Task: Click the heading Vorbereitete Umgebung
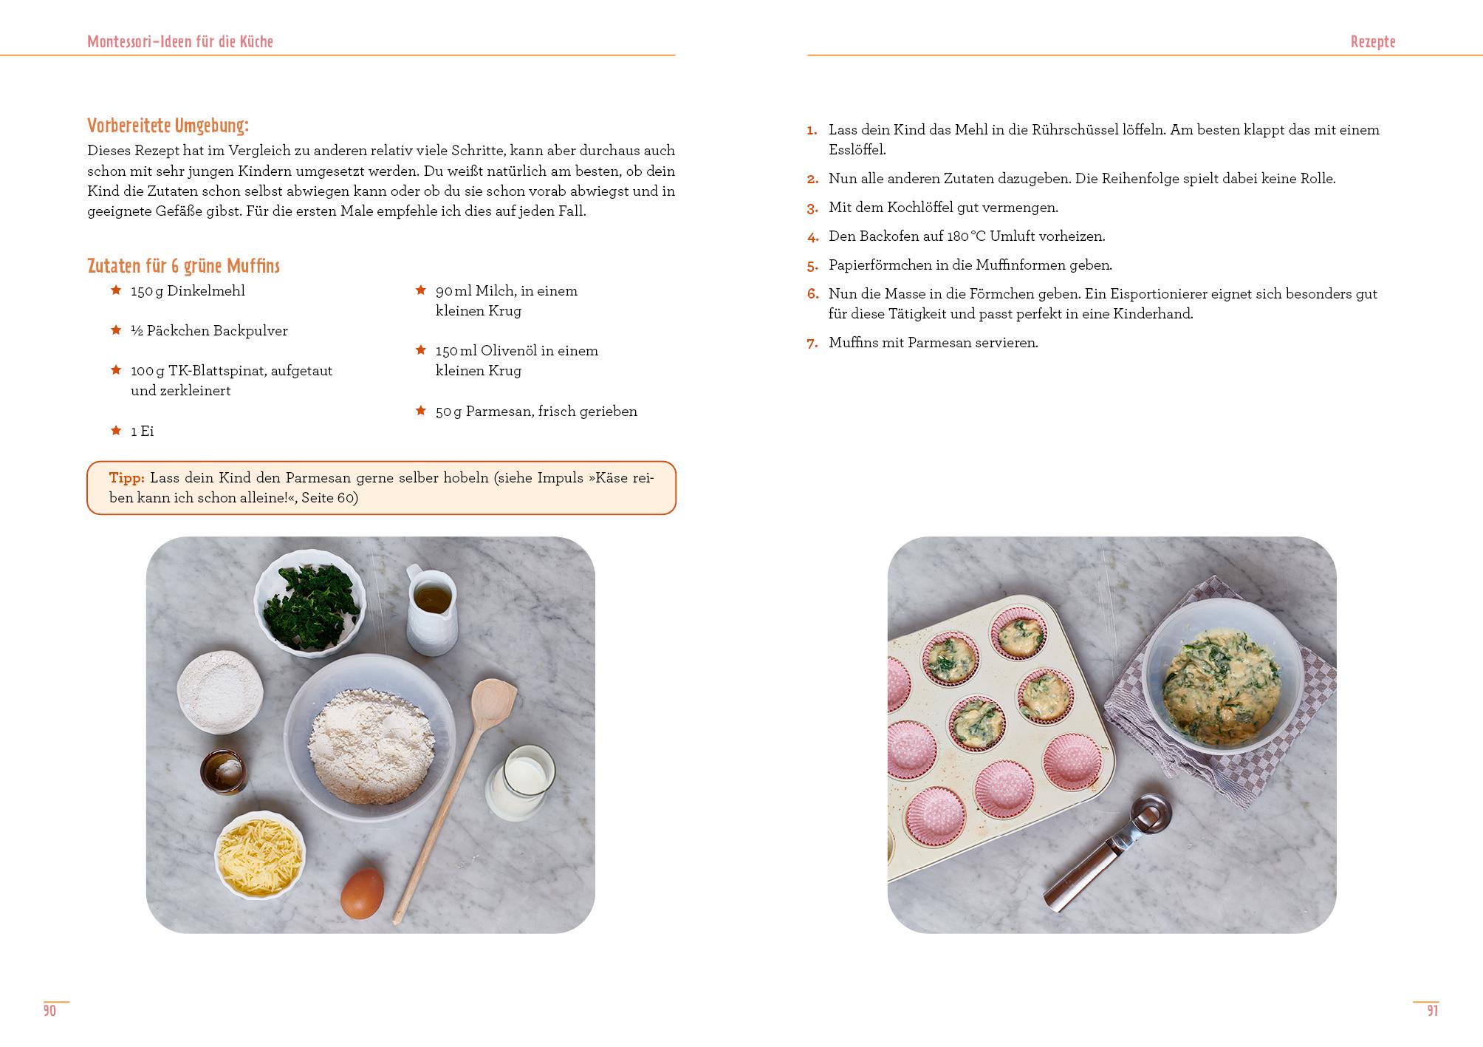pyautogui.click(x=168, y=126)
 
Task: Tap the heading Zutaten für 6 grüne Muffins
pyautogui.click(x=183, y=266)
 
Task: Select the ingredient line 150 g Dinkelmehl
pyautogui.click(x=188, y=291)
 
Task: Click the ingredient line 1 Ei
pyautogui.click(x=142, y=432)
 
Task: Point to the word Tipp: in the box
pyautogui.click(x=126, y=478)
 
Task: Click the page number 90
pyautogui.click(x=49, y=1011)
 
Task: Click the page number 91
pyautogui.click(x=1432, y=1011)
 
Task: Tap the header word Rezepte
pyautogui.click(x=1372, y=42)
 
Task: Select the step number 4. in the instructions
pyautogui.click(x=812, y=237)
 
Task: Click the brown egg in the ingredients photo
pyautogui.click(x=362, y=893)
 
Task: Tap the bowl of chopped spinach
pyautogui.click(x=310, y=606)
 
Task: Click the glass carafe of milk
pyautogui.click(x=521, y=782)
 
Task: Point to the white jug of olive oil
pyautogui.click(x=431, y=610)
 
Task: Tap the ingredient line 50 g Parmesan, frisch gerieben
pyautogui.click(x=536, y=412)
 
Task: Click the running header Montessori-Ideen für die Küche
pyautogui.click(x=180, y=42)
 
